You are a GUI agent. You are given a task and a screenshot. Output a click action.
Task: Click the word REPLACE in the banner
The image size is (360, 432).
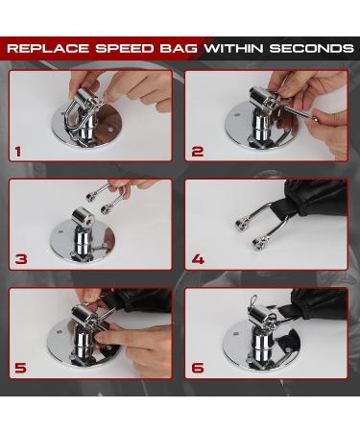click(x=48, y=48)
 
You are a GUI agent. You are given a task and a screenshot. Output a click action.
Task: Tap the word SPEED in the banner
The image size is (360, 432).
click(x=125, y=48)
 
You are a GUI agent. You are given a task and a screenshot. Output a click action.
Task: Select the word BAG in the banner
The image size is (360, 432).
click(x=179, y=48)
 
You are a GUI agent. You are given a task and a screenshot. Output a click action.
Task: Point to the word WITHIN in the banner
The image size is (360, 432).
click(x=234, y=48)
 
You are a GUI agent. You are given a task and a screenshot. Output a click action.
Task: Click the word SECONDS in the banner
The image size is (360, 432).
click(x=312, y=48)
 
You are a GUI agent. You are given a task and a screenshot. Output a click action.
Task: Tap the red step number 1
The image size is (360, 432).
click(x=18, y=152)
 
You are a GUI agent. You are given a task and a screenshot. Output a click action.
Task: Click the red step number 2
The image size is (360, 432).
click(x=198, y=152)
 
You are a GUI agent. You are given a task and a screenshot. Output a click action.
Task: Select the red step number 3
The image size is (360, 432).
click(x=21, y=259)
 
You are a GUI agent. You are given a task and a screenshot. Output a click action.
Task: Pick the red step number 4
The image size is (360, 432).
click(x=198, y=259)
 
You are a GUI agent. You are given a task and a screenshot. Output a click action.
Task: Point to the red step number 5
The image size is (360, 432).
click(x=21, y=368)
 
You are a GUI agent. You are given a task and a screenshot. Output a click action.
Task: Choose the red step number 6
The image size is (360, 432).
click(x=198, y=368)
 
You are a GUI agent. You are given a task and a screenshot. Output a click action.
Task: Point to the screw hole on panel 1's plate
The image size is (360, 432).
click(x=110, y=131)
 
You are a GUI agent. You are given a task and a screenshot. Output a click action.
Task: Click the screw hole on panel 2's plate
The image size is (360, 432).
click(x=236, y=114)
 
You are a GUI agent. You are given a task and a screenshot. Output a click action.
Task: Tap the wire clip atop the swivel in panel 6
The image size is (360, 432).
click(x=252, y=301)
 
